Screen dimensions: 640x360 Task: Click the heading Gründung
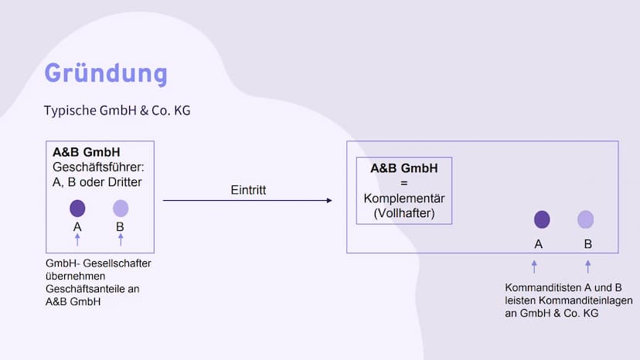point(106,73)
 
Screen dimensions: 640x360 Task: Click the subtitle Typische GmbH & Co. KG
point(117,110)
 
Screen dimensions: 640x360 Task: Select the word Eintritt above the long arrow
point(248,190)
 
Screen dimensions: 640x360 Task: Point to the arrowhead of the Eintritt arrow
point(329,200)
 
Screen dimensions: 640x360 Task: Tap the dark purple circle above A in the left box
point(77,208)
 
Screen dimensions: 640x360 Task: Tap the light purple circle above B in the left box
point(121,208)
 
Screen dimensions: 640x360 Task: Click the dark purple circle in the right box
point(542,219)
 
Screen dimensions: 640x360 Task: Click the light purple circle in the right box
point(585,219)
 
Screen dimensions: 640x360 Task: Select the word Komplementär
point(404,199)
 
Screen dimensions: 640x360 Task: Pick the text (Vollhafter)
point(404,213)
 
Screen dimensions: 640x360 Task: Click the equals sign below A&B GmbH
point(404,183)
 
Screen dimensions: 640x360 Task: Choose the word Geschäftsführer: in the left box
point(98,168)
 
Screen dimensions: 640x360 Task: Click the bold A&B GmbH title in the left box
point(87,152)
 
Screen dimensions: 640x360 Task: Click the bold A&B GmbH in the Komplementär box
point(404,168)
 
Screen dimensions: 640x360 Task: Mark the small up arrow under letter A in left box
point(77,239)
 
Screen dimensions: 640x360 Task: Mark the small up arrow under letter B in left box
point(121,239)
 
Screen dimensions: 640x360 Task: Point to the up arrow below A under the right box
point(534,267)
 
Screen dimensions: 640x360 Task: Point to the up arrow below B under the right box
point(587,267)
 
